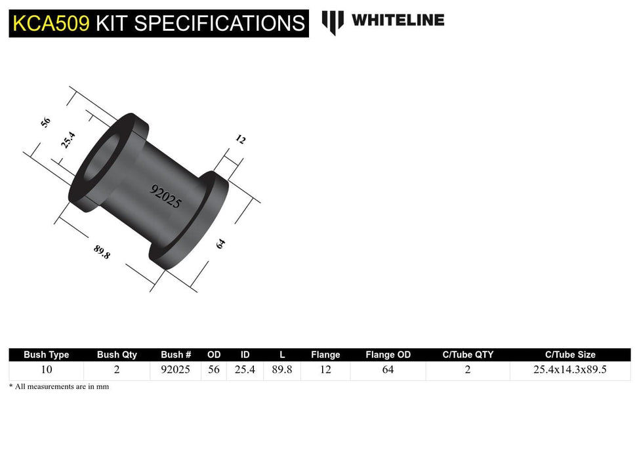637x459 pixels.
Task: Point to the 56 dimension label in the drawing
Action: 45,123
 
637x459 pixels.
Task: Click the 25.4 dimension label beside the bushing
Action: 69,140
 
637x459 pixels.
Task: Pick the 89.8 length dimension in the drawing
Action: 102,252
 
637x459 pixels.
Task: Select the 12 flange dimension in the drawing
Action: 240,140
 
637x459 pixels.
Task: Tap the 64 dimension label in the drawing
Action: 220,243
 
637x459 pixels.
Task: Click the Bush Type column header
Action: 46,355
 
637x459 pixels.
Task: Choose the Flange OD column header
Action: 388,355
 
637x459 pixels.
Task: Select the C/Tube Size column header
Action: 569,355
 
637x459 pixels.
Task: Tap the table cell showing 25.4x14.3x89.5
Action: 569,370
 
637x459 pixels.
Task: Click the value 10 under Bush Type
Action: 46,370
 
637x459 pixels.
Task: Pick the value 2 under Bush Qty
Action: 117,370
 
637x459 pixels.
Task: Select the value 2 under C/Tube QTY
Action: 467,370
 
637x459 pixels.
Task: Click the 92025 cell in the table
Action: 175,370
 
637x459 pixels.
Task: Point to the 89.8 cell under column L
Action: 281,370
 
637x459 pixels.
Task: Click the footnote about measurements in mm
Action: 59,387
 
